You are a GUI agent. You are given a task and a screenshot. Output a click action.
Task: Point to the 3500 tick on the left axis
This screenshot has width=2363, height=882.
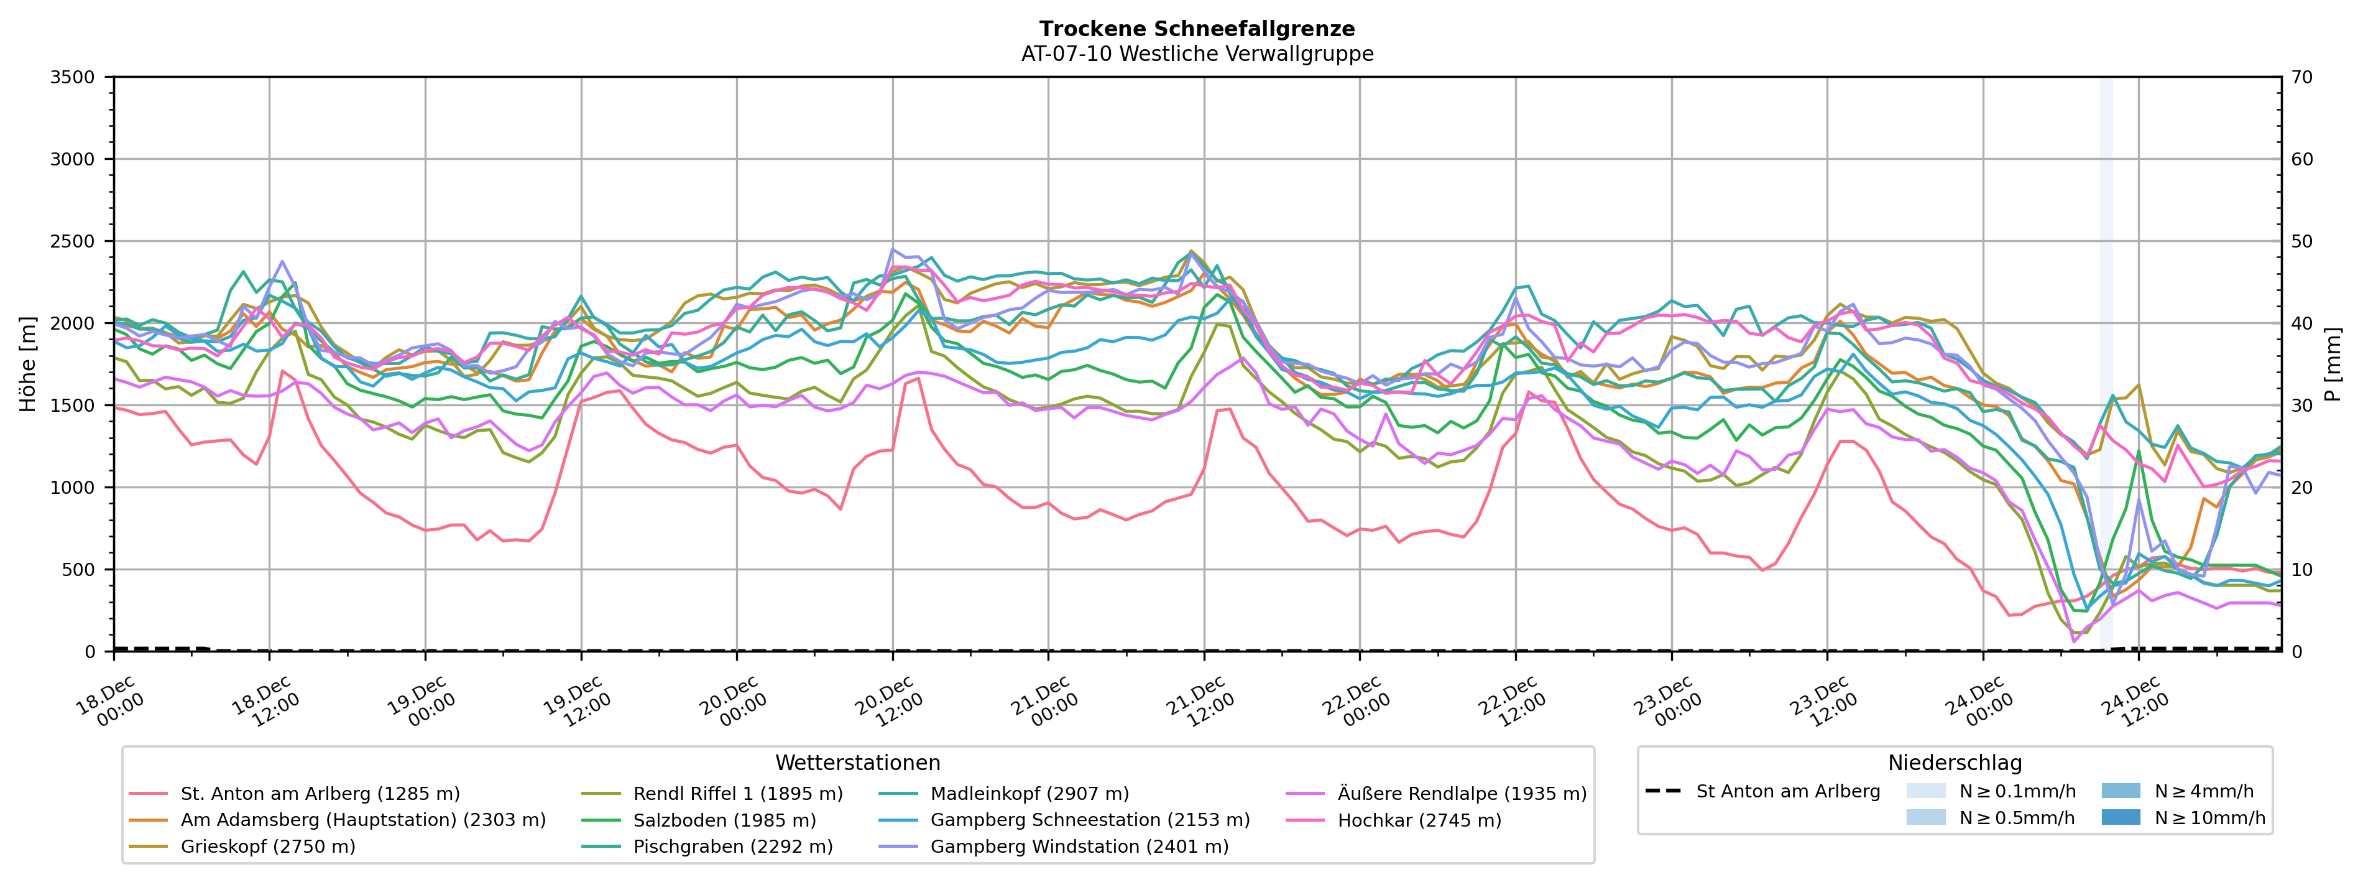[73, 77]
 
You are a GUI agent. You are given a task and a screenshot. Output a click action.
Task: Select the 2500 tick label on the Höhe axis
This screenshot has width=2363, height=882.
[73, 241]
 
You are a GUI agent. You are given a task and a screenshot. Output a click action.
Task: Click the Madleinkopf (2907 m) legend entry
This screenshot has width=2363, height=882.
[1029, 794]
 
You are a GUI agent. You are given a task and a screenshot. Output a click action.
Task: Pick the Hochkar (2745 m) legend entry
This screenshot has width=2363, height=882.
[1419, 820]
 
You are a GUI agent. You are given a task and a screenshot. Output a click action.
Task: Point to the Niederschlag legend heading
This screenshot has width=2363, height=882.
[1954, 763]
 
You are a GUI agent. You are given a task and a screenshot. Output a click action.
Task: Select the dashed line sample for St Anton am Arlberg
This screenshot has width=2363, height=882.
[1663, 791]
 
